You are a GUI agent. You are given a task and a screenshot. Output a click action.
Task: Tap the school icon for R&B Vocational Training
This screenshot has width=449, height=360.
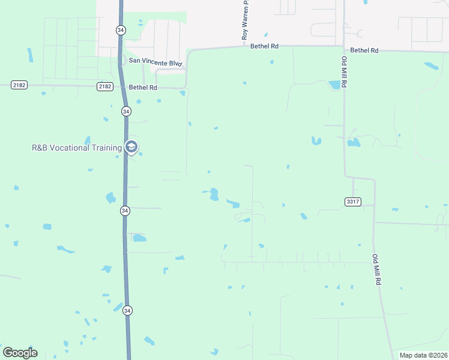click(x=131, y=147)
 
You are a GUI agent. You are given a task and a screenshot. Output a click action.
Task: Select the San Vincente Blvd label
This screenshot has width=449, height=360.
click(x=151, y=61)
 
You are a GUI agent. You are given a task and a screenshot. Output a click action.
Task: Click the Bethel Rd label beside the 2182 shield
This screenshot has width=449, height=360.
click(x=143, y=88)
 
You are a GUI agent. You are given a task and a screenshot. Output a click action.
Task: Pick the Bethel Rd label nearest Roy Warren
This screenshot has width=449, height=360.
click(x=265, y=46)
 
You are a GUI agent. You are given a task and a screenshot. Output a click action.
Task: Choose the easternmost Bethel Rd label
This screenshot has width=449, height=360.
click(x=364, y=51)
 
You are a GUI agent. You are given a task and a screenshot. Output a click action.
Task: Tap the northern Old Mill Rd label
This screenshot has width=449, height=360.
click(x=345, y=73)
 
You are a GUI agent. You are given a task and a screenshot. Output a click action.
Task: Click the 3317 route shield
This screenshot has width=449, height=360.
click(x=353, y=202)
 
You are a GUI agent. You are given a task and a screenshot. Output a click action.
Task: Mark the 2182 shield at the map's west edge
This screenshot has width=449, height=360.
click(x=19, y=85)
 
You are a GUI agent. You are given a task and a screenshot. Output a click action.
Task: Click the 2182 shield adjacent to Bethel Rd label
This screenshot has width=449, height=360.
click(x=105, y=87)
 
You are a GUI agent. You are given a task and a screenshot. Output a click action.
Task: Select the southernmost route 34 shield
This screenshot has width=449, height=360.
click(x=127, y=311)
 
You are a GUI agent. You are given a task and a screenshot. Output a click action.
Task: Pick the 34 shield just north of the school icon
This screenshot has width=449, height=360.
click(x=125, y=112)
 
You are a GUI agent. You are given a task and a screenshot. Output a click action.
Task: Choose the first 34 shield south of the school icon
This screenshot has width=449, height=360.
click(x=125, y=211)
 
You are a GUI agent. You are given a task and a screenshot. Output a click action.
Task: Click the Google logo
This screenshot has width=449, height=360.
click(x=20, y=353)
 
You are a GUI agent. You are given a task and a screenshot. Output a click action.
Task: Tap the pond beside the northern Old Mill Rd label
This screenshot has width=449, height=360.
click(x=334, y=85)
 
